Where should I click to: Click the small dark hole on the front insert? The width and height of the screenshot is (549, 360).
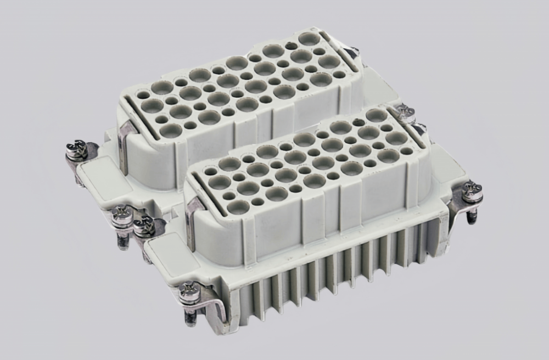click(x=358, y=122)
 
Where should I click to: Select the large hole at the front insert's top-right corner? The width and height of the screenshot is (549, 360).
click(x=376, y=115)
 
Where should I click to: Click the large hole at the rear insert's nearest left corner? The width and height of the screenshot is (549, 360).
click(x=171, y=130)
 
